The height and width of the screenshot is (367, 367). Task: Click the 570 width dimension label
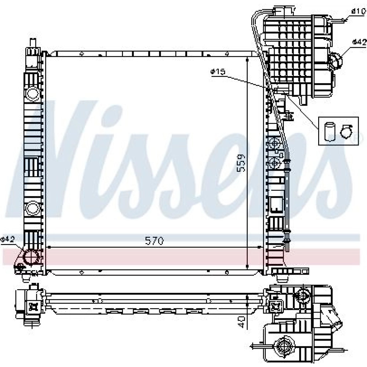click(x=154, y=241)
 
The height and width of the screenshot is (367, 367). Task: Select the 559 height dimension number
click(x=241, y=163)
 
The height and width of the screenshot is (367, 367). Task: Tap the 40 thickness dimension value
click(x=241, y=322)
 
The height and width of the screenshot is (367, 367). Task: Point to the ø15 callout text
click(x=218, y=72)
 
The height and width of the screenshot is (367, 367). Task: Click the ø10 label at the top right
click(x=358, y=11)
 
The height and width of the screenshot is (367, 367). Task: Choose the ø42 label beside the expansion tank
click(x=359, y=42)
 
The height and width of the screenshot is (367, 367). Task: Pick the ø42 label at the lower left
click(x=7, y=239)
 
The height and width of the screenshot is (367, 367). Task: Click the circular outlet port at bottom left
click(x=31, y=257)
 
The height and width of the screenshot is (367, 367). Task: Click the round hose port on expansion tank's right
click(x=336, y=61)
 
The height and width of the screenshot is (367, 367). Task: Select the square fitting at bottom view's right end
click(x=276, y=305)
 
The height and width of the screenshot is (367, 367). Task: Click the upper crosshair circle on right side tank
click(x=274, y=143)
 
